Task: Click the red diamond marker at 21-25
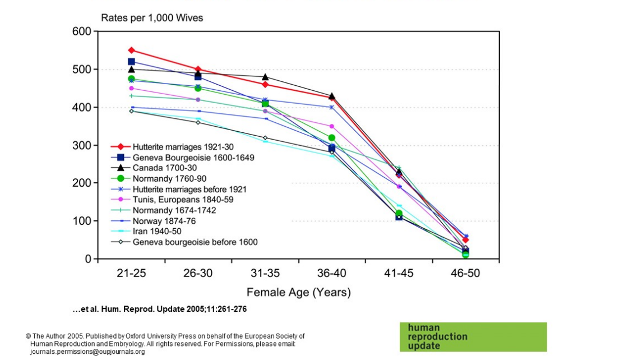click(x=131, y=50)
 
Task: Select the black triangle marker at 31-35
click(x=265, y=77)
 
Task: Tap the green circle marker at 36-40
click(x=331, y=137)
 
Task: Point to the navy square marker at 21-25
click(x=131, y=62)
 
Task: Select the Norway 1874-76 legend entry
click(x=164, y=221)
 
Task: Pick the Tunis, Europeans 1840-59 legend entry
click(x=183, y=200)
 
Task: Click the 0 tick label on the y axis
click(x=89, y=259)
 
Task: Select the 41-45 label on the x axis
click(x=399, y=274)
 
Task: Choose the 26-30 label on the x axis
click(x=198, y=274)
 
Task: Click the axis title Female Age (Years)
click(x=298, y=292)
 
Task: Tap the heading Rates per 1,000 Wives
click(x=152, y=18)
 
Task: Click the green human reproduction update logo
click(x=473, y=336)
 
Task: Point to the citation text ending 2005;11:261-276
click(x=160, y=309)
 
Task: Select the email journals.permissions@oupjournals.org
click(x=87, y=352)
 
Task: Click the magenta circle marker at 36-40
click(x=331, y=126)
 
